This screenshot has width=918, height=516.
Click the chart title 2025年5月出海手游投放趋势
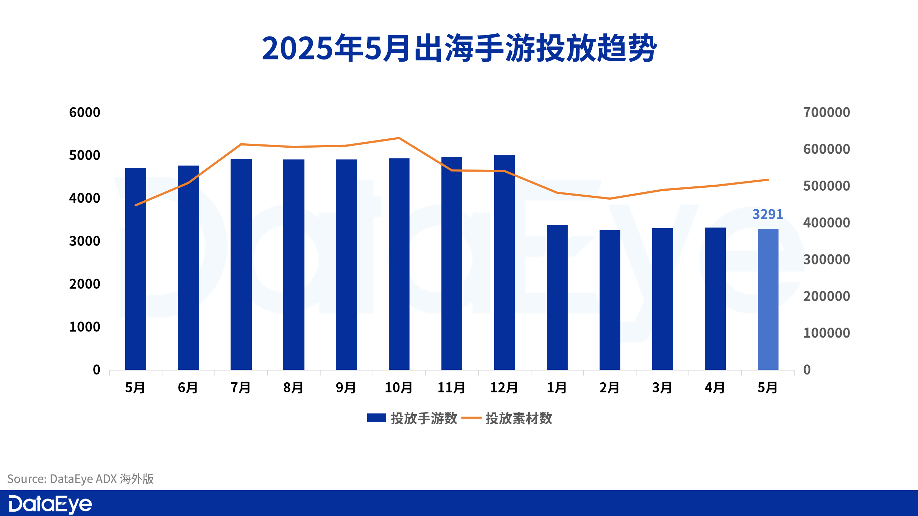tap(459, 48)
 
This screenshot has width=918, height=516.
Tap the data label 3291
tap(767, 214)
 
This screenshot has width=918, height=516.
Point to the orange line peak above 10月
tap(399, 138)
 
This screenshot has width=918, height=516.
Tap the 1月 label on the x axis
tap(557, 387)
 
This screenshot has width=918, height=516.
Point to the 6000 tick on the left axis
tap(85, 113)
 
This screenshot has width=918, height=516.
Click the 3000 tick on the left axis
tap(85, 241)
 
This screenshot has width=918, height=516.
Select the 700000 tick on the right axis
tap(827, 113)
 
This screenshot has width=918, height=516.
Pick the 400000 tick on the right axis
tap(827, 223)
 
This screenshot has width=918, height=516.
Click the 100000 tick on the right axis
tap(827, 333)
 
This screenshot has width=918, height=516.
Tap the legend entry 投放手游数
tap(412, 418)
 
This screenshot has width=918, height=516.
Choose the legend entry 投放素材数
tap(507, 418)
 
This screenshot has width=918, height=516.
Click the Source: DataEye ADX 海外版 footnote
tap(81, 479)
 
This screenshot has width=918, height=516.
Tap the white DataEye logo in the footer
tap(50, 504)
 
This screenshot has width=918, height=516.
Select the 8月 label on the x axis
tap(293, 387)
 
